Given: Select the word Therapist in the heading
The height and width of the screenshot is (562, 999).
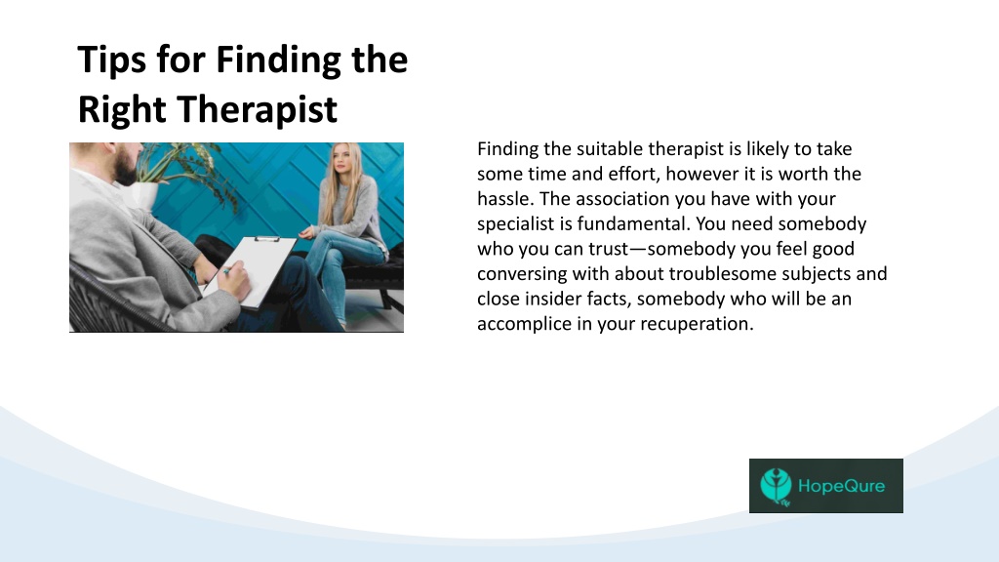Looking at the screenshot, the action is point(257,109).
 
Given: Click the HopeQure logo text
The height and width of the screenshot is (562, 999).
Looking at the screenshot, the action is point(842,486).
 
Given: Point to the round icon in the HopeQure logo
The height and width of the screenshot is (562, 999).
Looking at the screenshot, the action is point(776,486).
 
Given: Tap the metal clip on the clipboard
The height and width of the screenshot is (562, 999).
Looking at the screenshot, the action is point(266,239).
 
